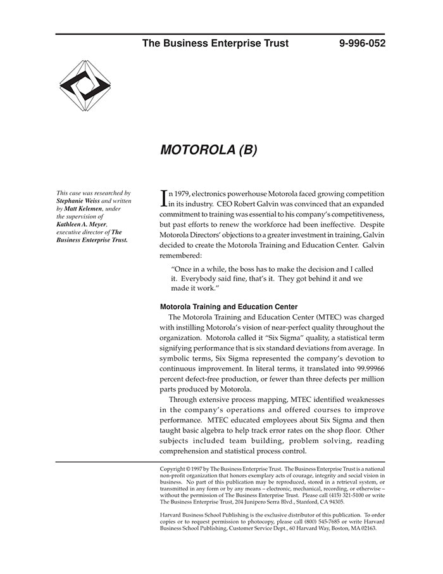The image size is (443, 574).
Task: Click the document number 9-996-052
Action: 362,44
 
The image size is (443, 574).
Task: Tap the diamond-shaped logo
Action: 85,86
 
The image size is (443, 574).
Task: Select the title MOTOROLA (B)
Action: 209,150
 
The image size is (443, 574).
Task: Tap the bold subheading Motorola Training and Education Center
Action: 228,307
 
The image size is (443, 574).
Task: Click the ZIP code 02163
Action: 366,528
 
